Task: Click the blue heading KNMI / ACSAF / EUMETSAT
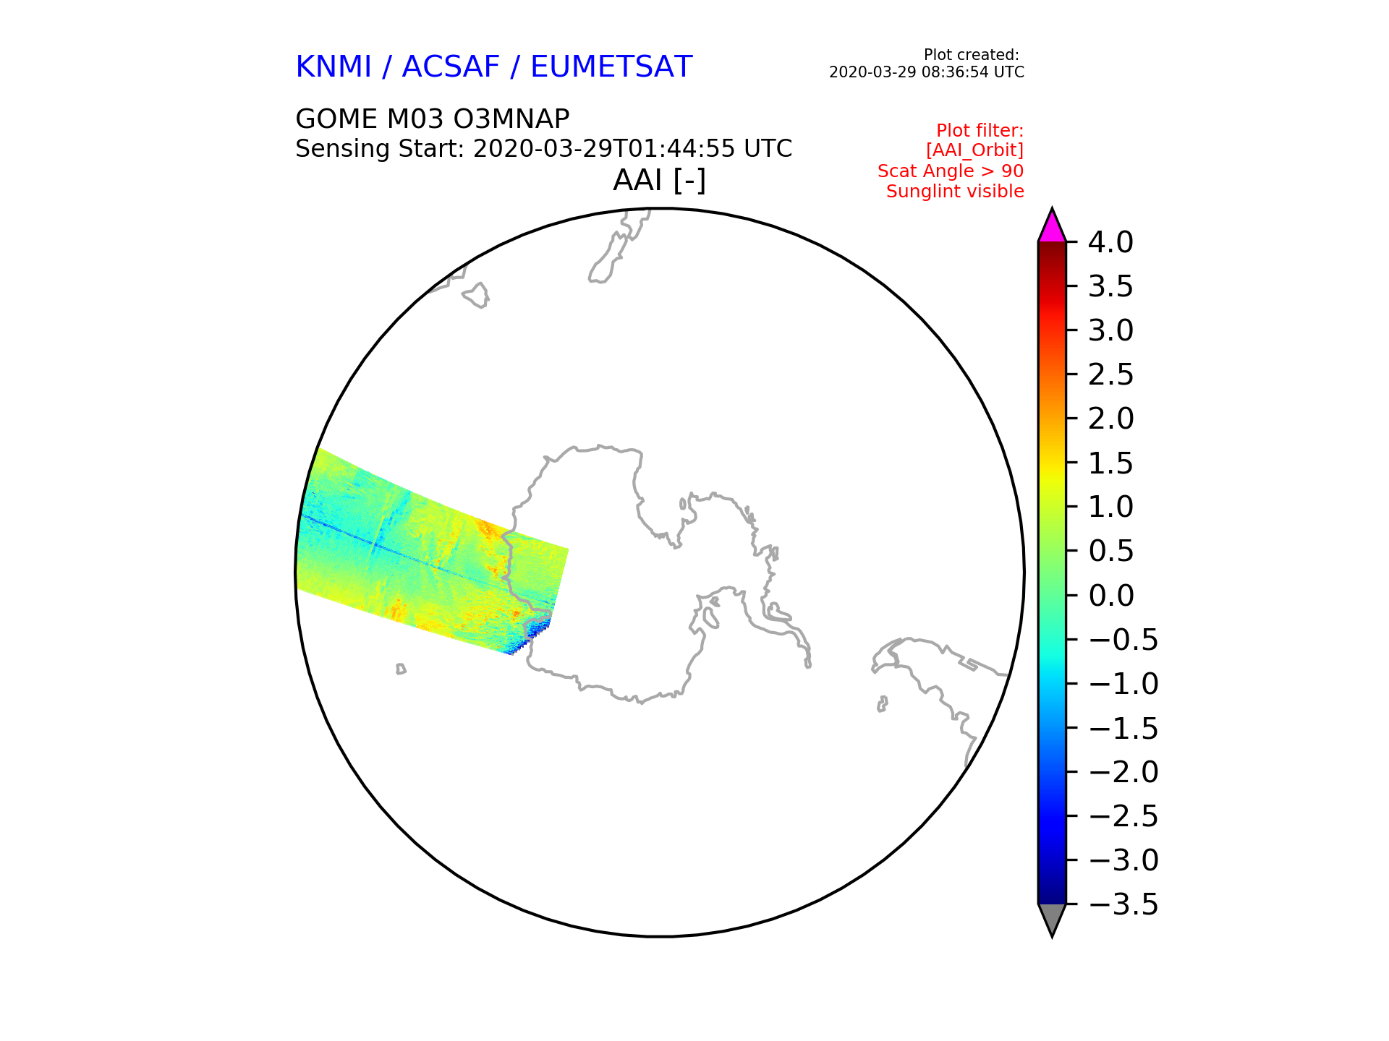[x=494, y=67]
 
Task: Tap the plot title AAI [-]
[x=659, y=180]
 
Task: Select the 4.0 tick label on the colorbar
[x=1110, y=242]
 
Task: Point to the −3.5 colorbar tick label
[x=1123, y=904]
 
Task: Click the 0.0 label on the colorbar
[x=1110, y=596]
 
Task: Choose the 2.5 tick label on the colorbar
[x=1110, y=374]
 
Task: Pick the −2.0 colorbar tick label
[x=1123, y=772]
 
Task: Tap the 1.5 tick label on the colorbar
[x=1110, y=463]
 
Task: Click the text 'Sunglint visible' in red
[x=955, y=192]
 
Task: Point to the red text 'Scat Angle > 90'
[x=951, y=171]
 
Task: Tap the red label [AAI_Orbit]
[x=974, y=150]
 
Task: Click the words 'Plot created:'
[x=972, y=55]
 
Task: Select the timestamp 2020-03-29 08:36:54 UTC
[x=927, y=72]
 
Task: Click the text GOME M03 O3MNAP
[x=433, y=119]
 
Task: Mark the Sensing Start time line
[x=544, y=149]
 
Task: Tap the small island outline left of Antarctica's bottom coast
[x=401, y=669]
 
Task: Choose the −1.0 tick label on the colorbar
[x=1123, y=684]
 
